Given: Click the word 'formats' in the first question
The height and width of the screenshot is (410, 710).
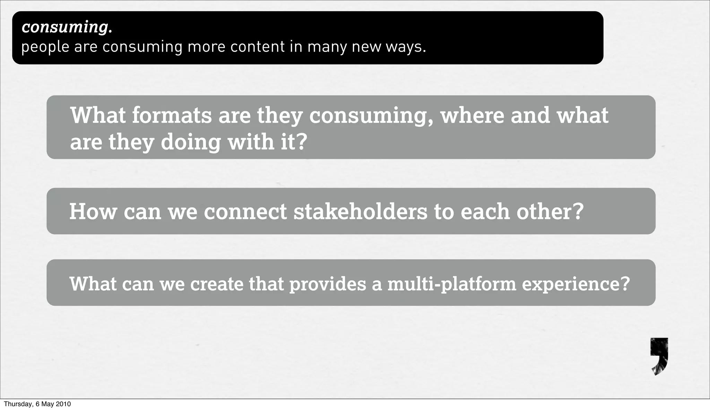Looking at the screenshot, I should point(172,115).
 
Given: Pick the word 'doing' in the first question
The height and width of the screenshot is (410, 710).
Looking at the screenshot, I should point(191,142).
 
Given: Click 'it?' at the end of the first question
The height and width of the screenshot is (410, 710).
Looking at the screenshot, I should point(294,142).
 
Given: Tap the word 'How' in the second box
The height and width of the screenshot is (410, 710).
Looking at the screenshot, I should point(93,212).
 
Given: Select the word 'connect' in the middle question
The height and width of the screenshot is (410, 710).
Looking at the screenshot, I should point(245,212).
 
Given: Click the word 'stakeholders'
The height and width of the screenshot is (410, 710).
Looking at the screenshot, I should point(361,212).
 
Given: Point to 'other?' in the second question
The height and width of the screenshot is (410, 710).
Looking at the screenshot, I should point(550,212).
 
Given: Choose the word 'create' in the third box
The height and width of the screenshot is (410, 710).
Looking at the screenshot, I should point(217,284).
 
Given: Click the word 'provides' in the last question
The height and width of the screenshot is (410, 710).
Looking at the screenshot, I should point(328,284).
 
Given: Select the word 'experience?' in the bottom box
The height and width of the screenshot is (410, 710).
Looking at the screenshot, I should point(575,284).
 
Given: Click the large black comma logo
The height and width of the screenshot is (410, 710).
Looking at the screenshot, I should point(659,356).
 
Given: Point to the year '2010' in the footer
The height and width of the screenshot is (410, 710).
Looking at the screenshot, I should point(63,404).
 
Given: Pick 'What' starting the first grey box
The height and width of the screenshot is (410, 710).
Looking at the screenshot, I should point(98,115).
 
